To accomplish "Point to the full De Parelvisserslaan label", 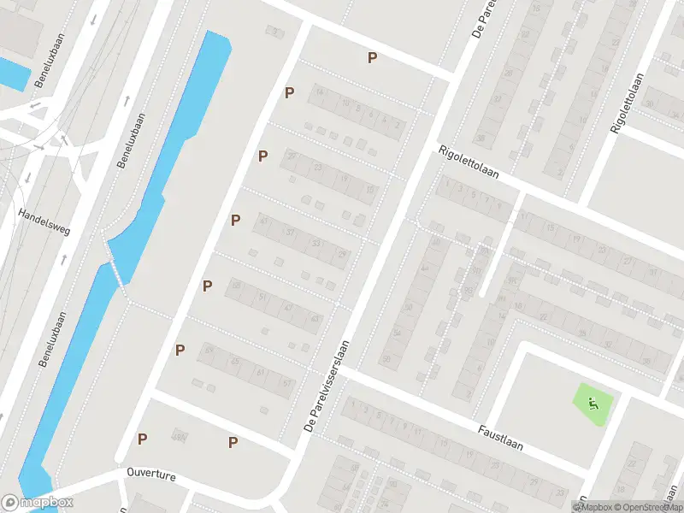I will [328, 382].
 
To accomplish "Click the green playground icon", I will [593, 404].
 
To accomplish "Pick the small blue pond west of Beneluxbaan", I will [13, 74].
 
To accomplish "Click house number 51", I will [262, 297].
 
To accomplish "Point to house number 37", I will [291, 233].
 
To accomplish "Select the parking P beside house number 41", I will [235, 221].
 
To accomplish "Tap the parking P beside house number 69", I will [180, 350].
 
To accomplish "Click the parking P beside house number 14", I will [290, 92].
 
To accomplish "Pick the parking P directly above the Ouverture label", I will [142, 439].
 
